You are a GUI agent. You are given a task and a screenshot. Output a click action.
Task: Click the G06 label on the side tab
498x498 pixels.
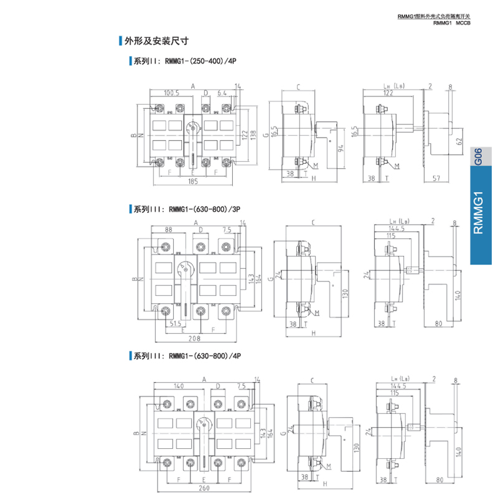[478, 156]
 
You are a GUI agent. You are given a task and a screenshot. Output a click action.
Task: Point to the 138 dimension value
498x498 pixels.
[253, 134]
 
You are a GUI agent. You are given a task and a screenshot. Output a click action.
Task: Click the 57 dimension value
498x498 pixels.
[436, 178]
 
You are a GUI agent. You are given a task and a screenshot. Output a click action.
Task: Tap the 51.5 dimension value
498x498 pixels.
[176, 324]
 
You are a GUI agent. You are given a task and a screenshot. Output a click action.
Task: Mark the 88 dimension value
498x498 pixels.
[168, 230]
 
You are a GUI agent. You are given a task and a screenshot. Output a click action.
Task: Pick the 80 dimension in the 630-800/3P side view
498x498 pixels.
[438, 324]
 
